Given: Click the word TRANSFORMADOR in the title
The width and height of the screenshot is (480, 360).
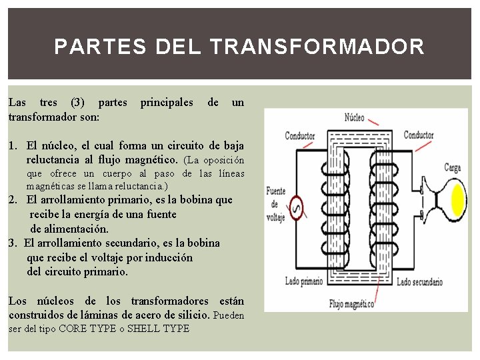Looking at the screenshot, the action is coord(316,47).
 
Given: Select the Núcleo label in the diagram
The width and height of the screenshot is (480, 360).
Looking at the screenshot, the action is coord(355,118).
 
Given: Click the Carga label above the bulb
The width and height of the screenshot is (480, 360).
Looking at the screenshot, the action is coord(453,167).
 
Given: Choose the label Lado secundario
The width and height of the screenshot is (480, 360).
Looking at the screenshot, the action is coord(419,282).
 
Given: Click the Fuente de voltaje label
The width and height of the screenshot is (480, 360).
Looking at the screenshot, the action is coord(276,203).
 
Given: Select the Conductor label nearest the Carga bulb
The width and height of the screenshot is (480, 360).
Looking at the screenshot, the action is coord(419,135).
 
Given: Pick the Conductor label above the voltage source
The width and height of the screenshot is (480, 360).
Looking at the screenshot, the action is coord(300,136).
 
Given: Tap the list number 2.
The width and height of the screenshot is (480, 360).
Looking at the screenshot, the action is coord(13,199).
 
